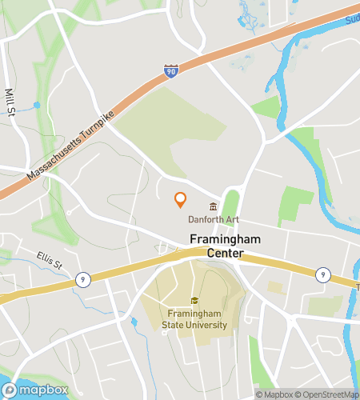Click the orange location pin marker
[x=181, y=200]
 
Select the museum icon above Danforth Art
[x=213, y=206]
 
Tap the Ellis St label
[x=49, y=262]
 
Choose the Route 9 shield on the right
[x=322, y=274]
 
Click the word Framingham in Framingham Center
[x=222, y=238]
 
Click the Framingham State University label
[x=197, y=319]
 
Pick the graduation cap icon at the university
[x=194, y=301]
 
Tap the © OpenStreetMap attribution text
[x=327, y=394]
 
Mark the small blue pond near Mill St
[x=38, y=105]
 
